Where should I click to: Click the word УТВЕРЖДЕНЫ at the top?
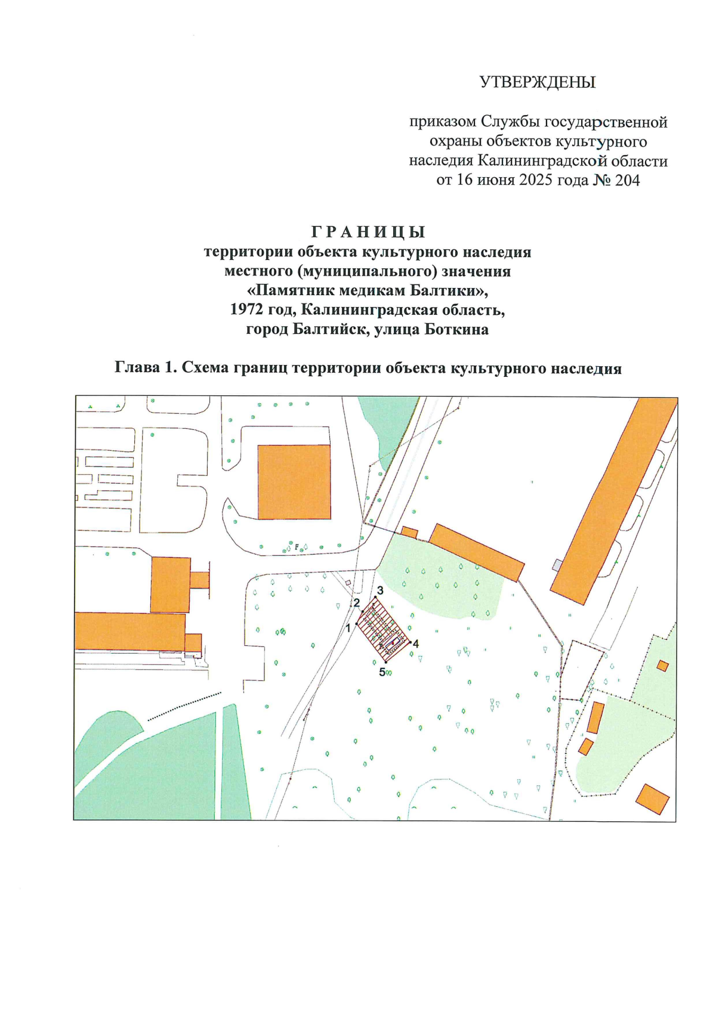tap(537, 82)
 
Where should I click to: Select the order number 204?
tap(627, 180)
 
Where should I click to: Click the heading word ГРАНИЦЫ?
tap(368, 231)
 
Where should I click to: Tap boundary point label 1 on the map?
tap(348, 628)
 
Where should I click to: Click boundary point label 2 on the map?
tap(357, 603)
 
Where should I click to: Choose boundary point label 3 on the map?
tap(379, 590)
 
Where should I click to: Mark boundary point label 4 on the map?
tap(416, 644)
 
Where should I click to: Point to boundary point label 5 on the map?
tap(382, 672)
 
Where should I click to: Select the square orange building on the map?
tap(294, 482)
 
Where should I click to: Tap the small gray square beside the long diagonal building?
tap(557, 564)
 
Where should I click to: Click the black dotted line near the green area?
tap(184, 706)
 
